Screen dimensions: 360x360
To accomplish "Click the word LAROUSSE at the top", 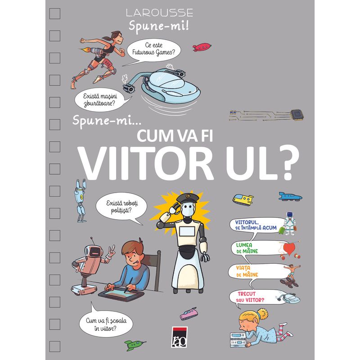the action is pyautogui.click(x=159, y=13).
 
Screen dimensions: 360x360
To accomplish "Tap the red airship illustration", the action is pyautogui.click(x=202, y=47).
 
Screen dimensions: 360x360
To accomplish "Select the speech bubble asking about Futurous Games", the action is pyautogui.click(x=153, y=50).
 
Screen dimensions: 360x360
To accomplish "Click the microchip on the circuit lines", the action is pyautogui.click(x=297, y=115).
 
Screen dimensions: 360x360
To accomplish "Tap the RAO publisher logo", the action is pyautogui.click(x=179, y=337).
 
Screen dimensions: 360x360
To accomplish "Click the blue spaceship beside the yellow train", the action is pyautogui.click(x=290, y=197).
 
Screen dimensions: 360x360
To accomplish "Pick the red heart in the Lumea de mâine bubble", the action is pyautogui.click(x=289, y=249).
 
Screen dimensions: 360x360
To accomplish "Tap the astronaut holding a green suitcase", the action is pyautogui.click(x=288, y=223).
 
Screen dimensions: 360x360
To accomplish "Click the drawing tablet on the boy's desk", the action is pyautogui.click(x=121, y=294).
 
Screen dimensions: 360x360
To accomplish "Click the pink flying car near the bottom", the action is pyautogui.click(x=189, y=313).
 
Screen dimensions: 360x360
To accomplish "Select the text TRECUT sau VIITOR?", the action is pyautogui.click(x=250, y=297).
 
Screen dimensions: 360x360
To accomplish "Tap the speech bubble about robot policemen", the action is pyautogui.click(x=121, y=207).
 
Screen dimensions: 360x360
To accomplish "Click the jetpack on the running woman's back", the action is pyautogui.click(x=96, y=50).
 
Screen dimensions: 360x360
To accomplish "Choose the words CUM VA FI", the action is pyautogui.click(x=175, y=135).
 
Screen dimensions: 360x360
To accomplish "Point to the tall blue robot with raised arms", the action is pyautogui.click(x=81, y=200).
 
